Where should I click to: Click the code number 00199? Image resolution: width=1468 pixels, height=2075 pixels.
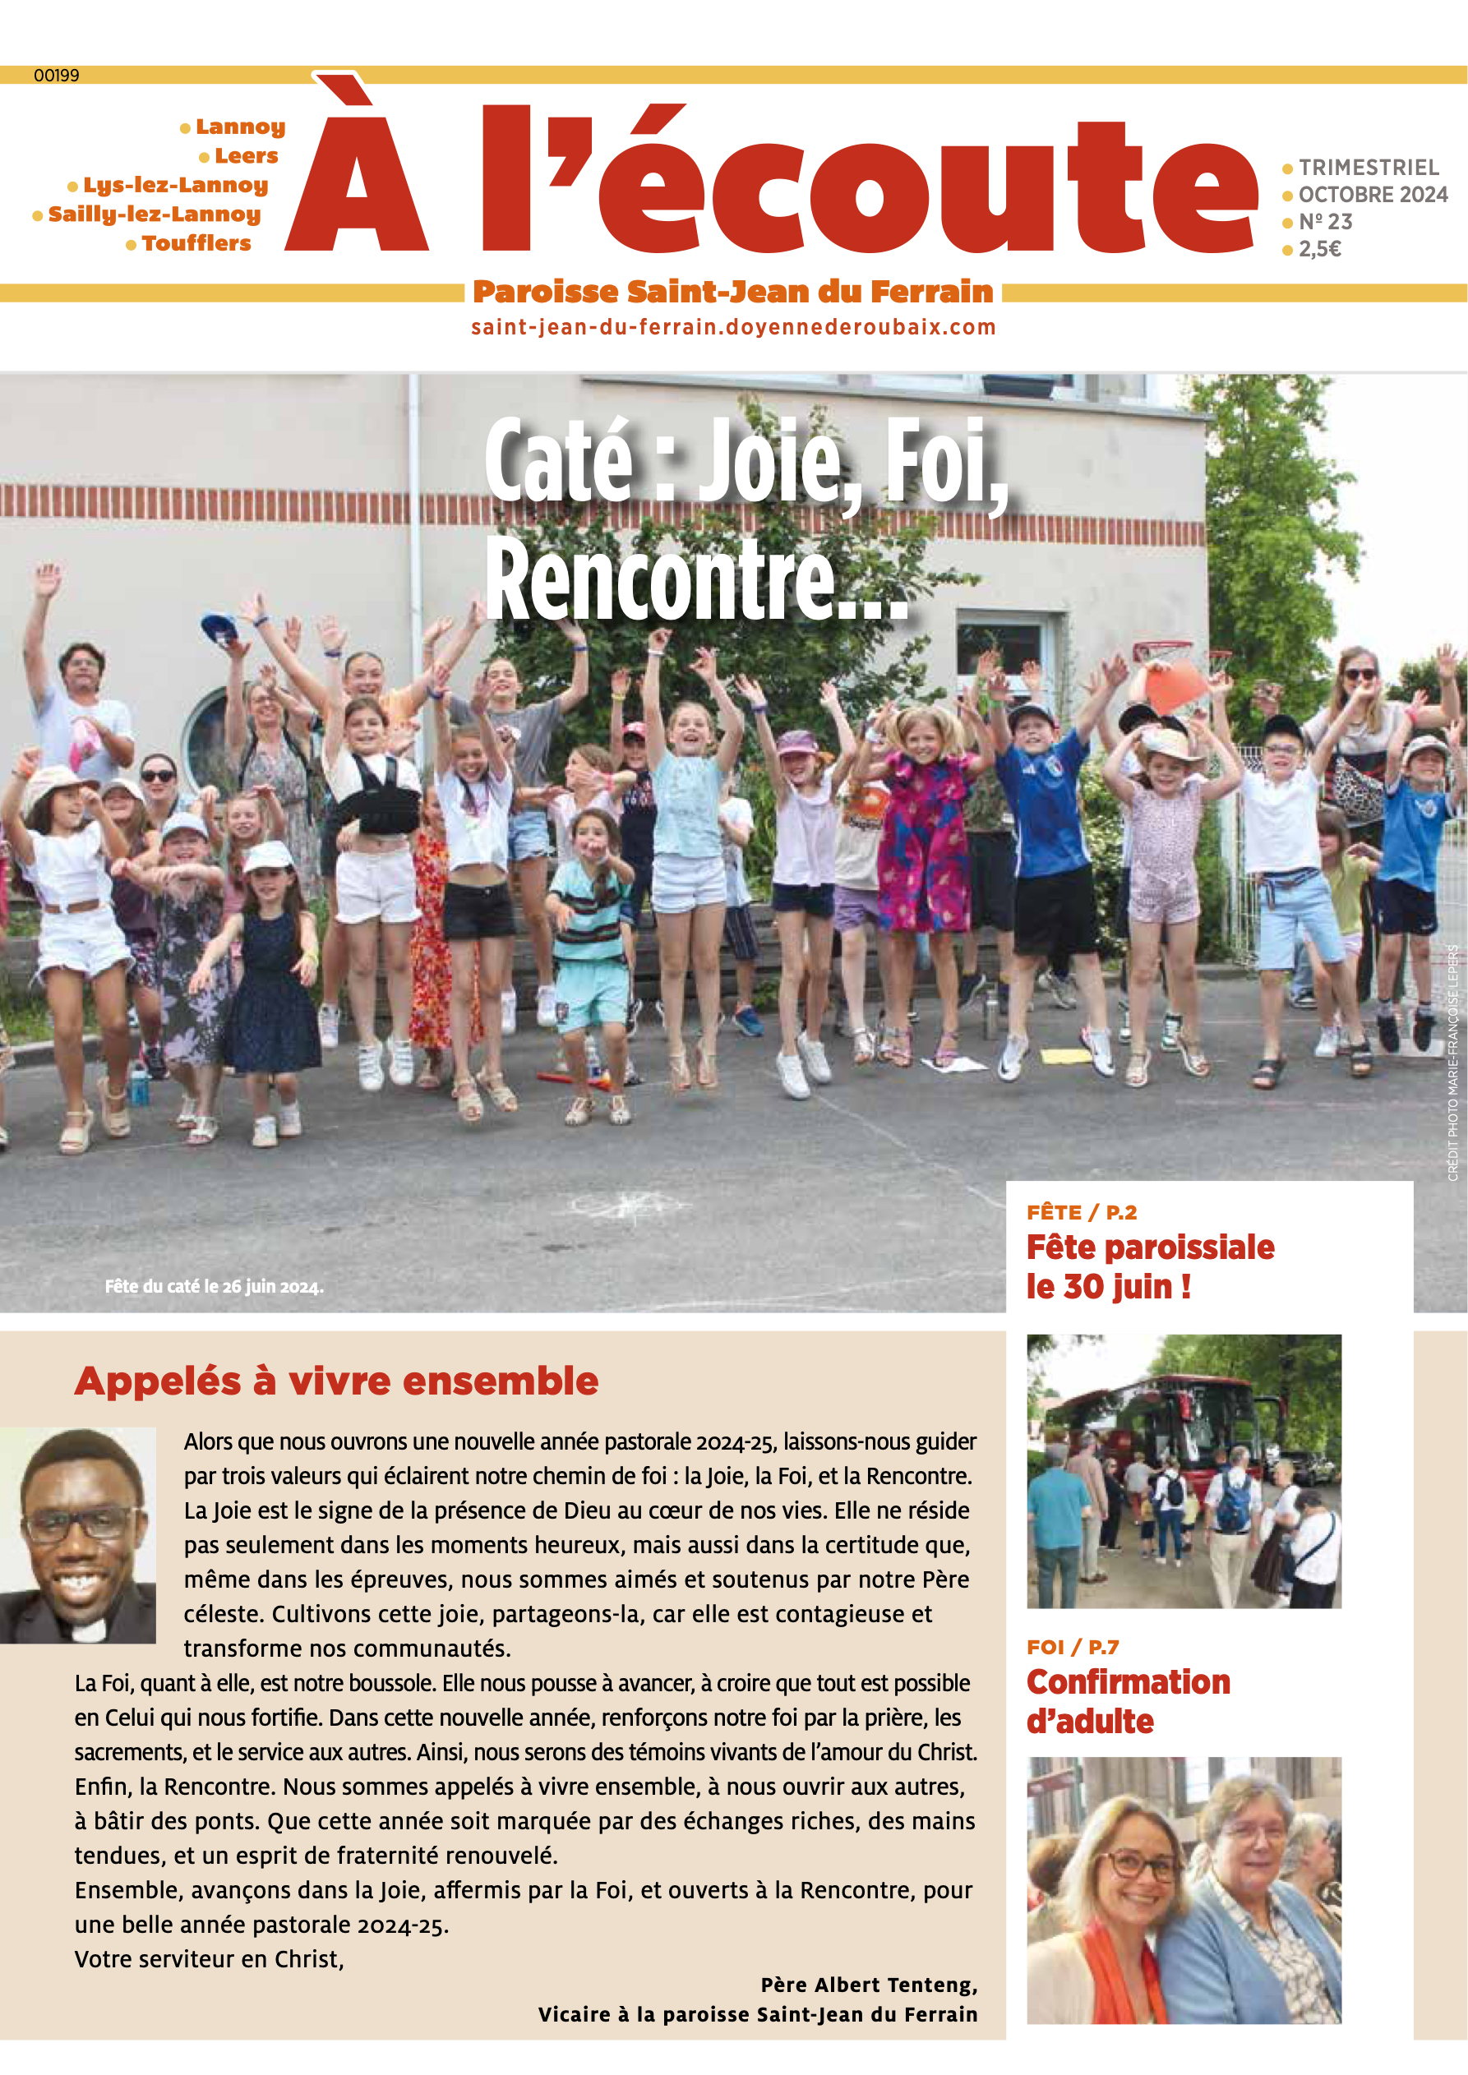pos(56,76)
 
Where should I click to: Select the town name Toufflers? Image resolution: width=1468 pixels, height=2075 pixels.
pos(196,243)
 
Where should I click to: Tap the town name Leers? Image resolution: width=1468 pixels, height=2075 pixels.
pos(246,155)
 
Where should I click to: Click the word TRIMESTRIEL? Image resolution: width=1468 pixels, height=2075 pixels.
pos(1368,167)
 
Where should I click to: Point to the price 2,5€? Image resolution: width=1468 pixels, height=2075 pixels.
pos(1319,248)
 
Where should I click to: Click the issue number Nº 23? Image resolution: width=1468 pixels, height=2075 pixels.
pos(1325,221)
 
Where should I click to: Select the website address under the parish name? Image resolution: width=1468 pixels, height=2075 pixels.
pos(733,327)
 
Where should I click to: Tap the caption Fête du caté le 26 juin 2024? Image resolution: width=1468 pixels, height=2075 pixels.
pos(214,1286)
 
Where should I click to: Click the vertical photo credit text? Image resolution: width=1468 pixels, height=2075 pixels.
pos(1452,1063)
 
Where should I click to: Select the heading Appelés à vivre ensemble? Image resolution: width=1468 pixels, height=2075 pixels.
pos(336,1381)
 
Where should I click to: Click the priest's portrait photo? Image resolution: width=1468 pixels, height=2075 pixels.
pos(78,1534)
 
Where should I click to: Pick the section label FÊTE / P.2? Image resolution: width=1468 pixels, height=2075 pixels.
pos(1081,1212)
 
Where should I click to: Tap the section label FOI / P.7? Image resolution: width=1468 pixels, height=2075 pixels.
pos(1072,1647)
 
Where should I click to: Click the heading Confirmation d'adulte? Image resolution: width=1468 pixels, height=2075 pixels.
pos(1127,1701)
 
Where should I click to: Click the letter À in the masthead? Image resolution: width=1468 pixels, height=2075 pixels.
pos(356,167)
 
